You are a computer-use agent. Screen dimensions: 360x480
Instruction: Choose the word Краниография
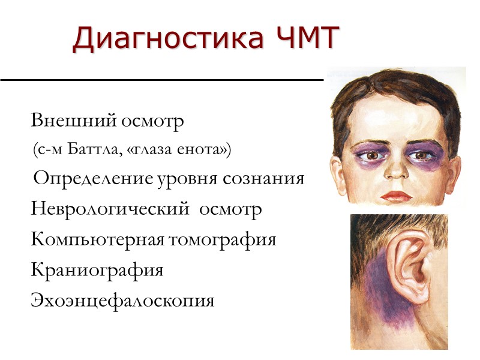(97, 269)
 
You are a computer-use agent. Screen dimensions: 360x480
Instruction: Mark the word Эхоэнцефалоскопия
(122, 299)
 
